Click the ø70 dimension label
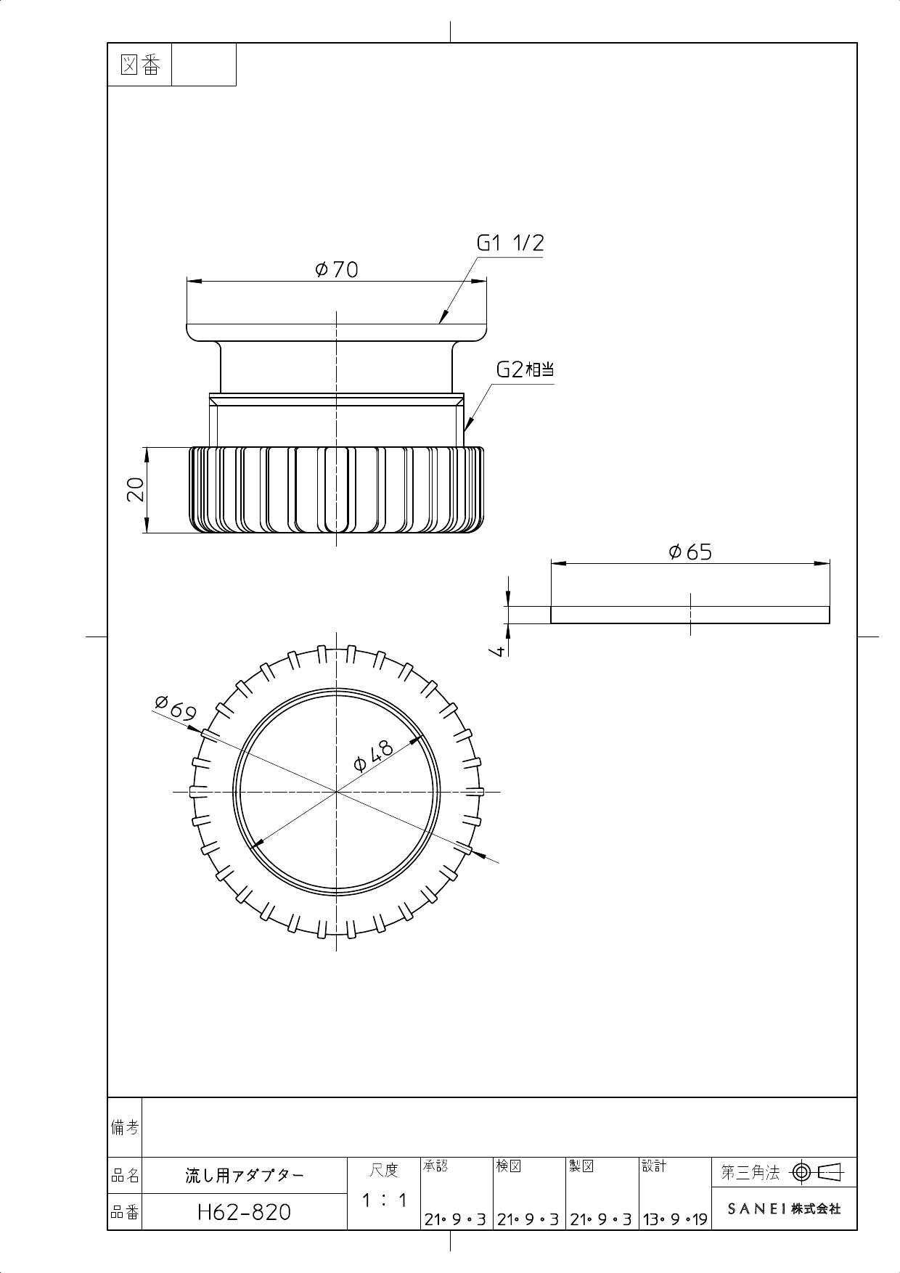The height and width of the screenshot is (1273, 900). pos(337,270)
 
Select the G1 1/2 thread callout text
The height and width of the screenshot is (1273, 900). pos(510,243)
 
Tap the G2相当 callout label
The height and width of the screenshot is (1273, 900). pos(525,369)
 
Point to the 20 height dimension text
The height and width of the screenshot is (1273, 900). pos(136,490)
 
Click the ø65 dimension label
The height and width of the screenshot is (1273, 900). pos(690,552)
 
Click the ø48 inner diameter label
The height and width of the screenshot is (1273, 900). pos(374,756)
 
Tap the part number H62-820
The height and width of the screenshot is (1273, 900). pos(244,1211)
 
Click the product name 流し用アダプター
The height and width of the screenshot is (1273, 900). pos(245,1175)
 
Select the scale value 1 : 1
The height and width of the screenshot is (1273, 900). pos(384,1200)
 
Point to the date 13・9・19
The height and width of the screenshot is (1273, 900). pos(674,1219)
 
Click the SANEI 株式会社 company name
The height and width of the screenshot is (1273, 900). pos(784,1209)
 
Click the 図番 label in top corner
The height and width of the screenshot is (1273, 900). pos(139,65)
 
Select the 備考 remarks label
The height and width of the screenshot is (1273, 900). pos(124,1127)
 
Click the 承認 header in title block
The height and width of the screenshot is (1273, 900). pos(435,1166)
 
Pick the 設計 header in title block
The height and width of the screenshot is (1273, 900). pos(653,1166)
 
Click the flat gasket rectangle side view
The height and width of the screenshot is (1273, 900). pos(690,615)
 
